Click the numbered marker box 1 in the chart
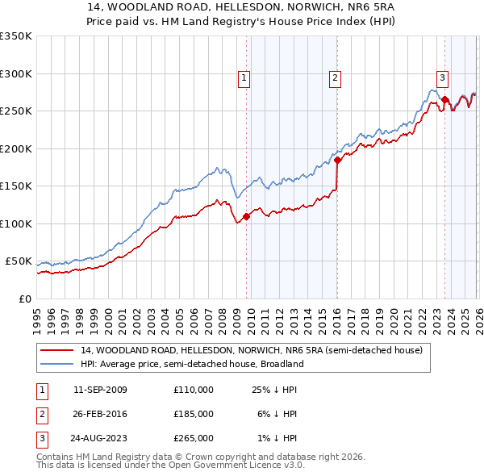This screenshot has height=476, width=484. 244,78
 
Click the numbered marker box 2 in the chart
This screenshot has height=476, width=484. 334,78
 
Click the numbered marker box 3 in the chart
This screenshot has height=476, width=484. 443,78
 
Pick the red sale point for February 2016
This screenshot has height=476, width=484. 337,161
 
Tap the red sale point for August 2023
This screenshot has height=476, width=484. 444,99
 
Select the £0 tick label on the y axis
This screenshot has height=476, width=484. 24,299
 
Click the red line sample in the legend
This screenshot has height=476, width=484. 57,350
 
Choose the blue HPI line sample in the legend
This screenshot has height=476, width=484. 57,364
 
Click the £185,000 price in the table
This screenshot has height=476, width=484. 194,414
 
